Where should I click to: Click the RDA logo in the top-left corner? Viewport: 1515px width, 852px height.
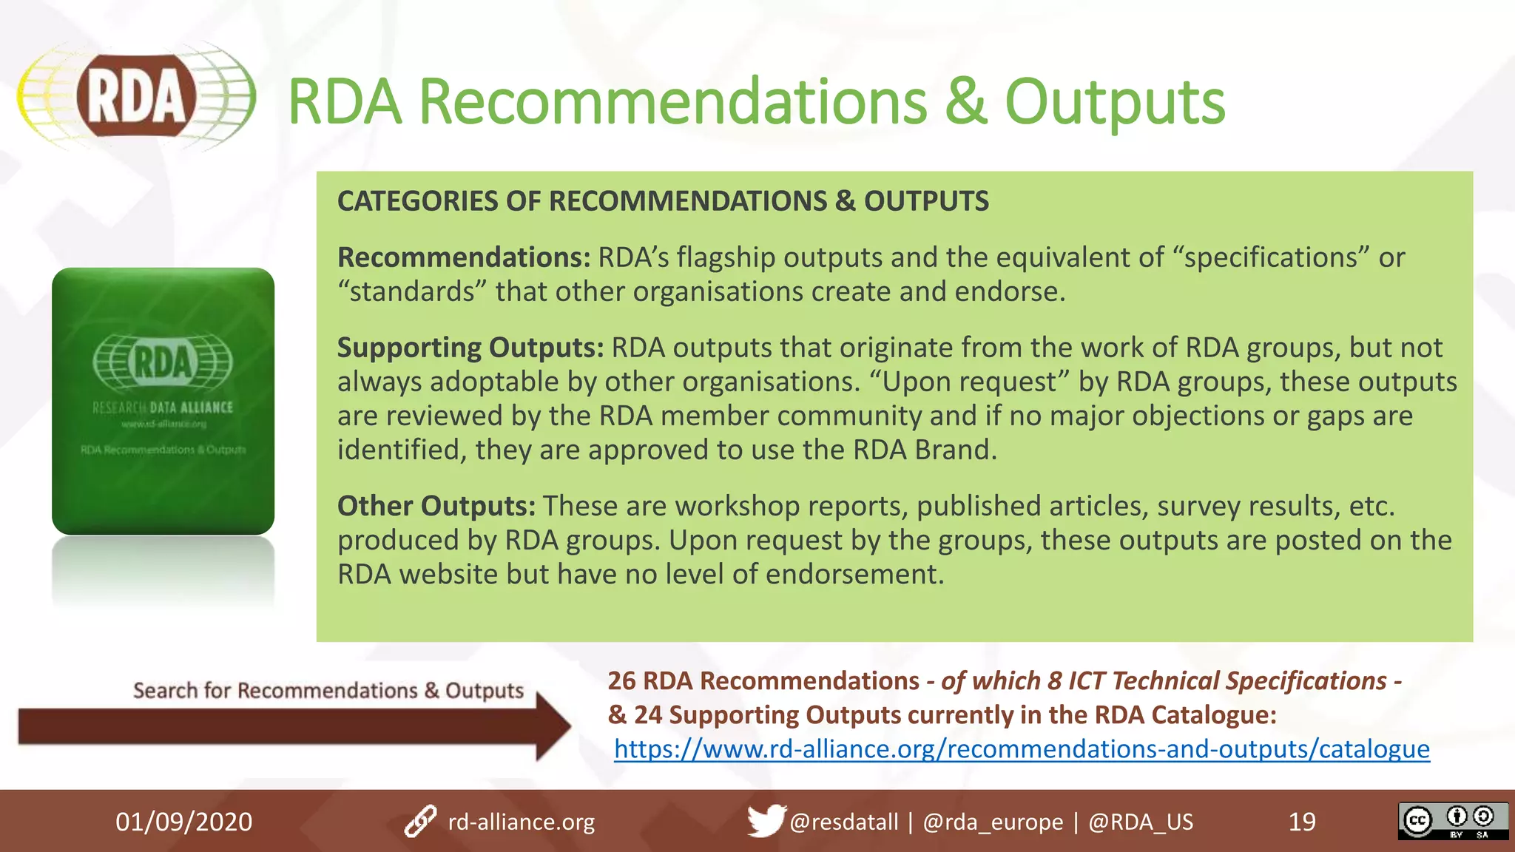coord(137,97)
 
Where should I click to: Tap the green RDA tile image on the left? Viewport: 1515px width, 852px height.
coord(163,401)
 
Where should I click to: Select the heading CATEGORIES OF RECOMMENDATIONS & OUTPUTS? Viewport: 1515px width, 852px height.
coord(663,201)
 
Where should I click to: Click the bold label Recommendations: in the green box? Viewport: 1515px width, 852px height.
coord(464,257)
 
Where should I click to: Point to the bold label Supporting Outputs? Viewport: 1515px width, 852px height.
coord(470,348)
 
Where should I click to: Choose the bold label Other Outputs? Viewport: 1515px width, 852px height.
coord(436,506)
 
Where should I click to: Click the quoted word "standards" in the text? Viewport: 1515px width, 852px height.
coord(411,292)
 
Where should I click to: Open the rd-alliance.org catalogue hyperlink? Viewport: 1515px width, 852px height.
coord(1022,749)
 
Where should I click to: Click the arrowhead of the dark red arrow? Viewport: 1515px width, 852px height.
coord(551,726)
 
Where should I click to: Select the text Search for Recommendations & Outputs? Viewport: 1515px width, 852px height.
coord(328,691)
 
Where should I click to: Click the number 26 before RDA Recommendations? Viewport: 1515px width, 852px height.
coord(621,681)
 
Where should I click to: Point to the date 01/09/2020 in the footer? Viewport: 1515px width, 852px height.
coord(183,822)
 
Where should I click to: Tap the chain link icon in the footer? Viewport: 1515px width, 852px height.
coord(420,822)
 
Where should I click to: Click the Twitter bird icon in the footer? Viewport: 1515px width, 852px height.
coord(765,820)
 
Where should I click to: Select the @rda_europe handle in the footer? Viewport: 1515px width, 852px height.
coord(993,822)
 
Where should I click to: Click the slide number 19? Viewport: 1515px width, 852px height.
coord(1302,822)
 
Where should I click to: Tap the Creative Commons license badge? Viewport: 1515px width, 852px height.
coord(1452,821)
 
